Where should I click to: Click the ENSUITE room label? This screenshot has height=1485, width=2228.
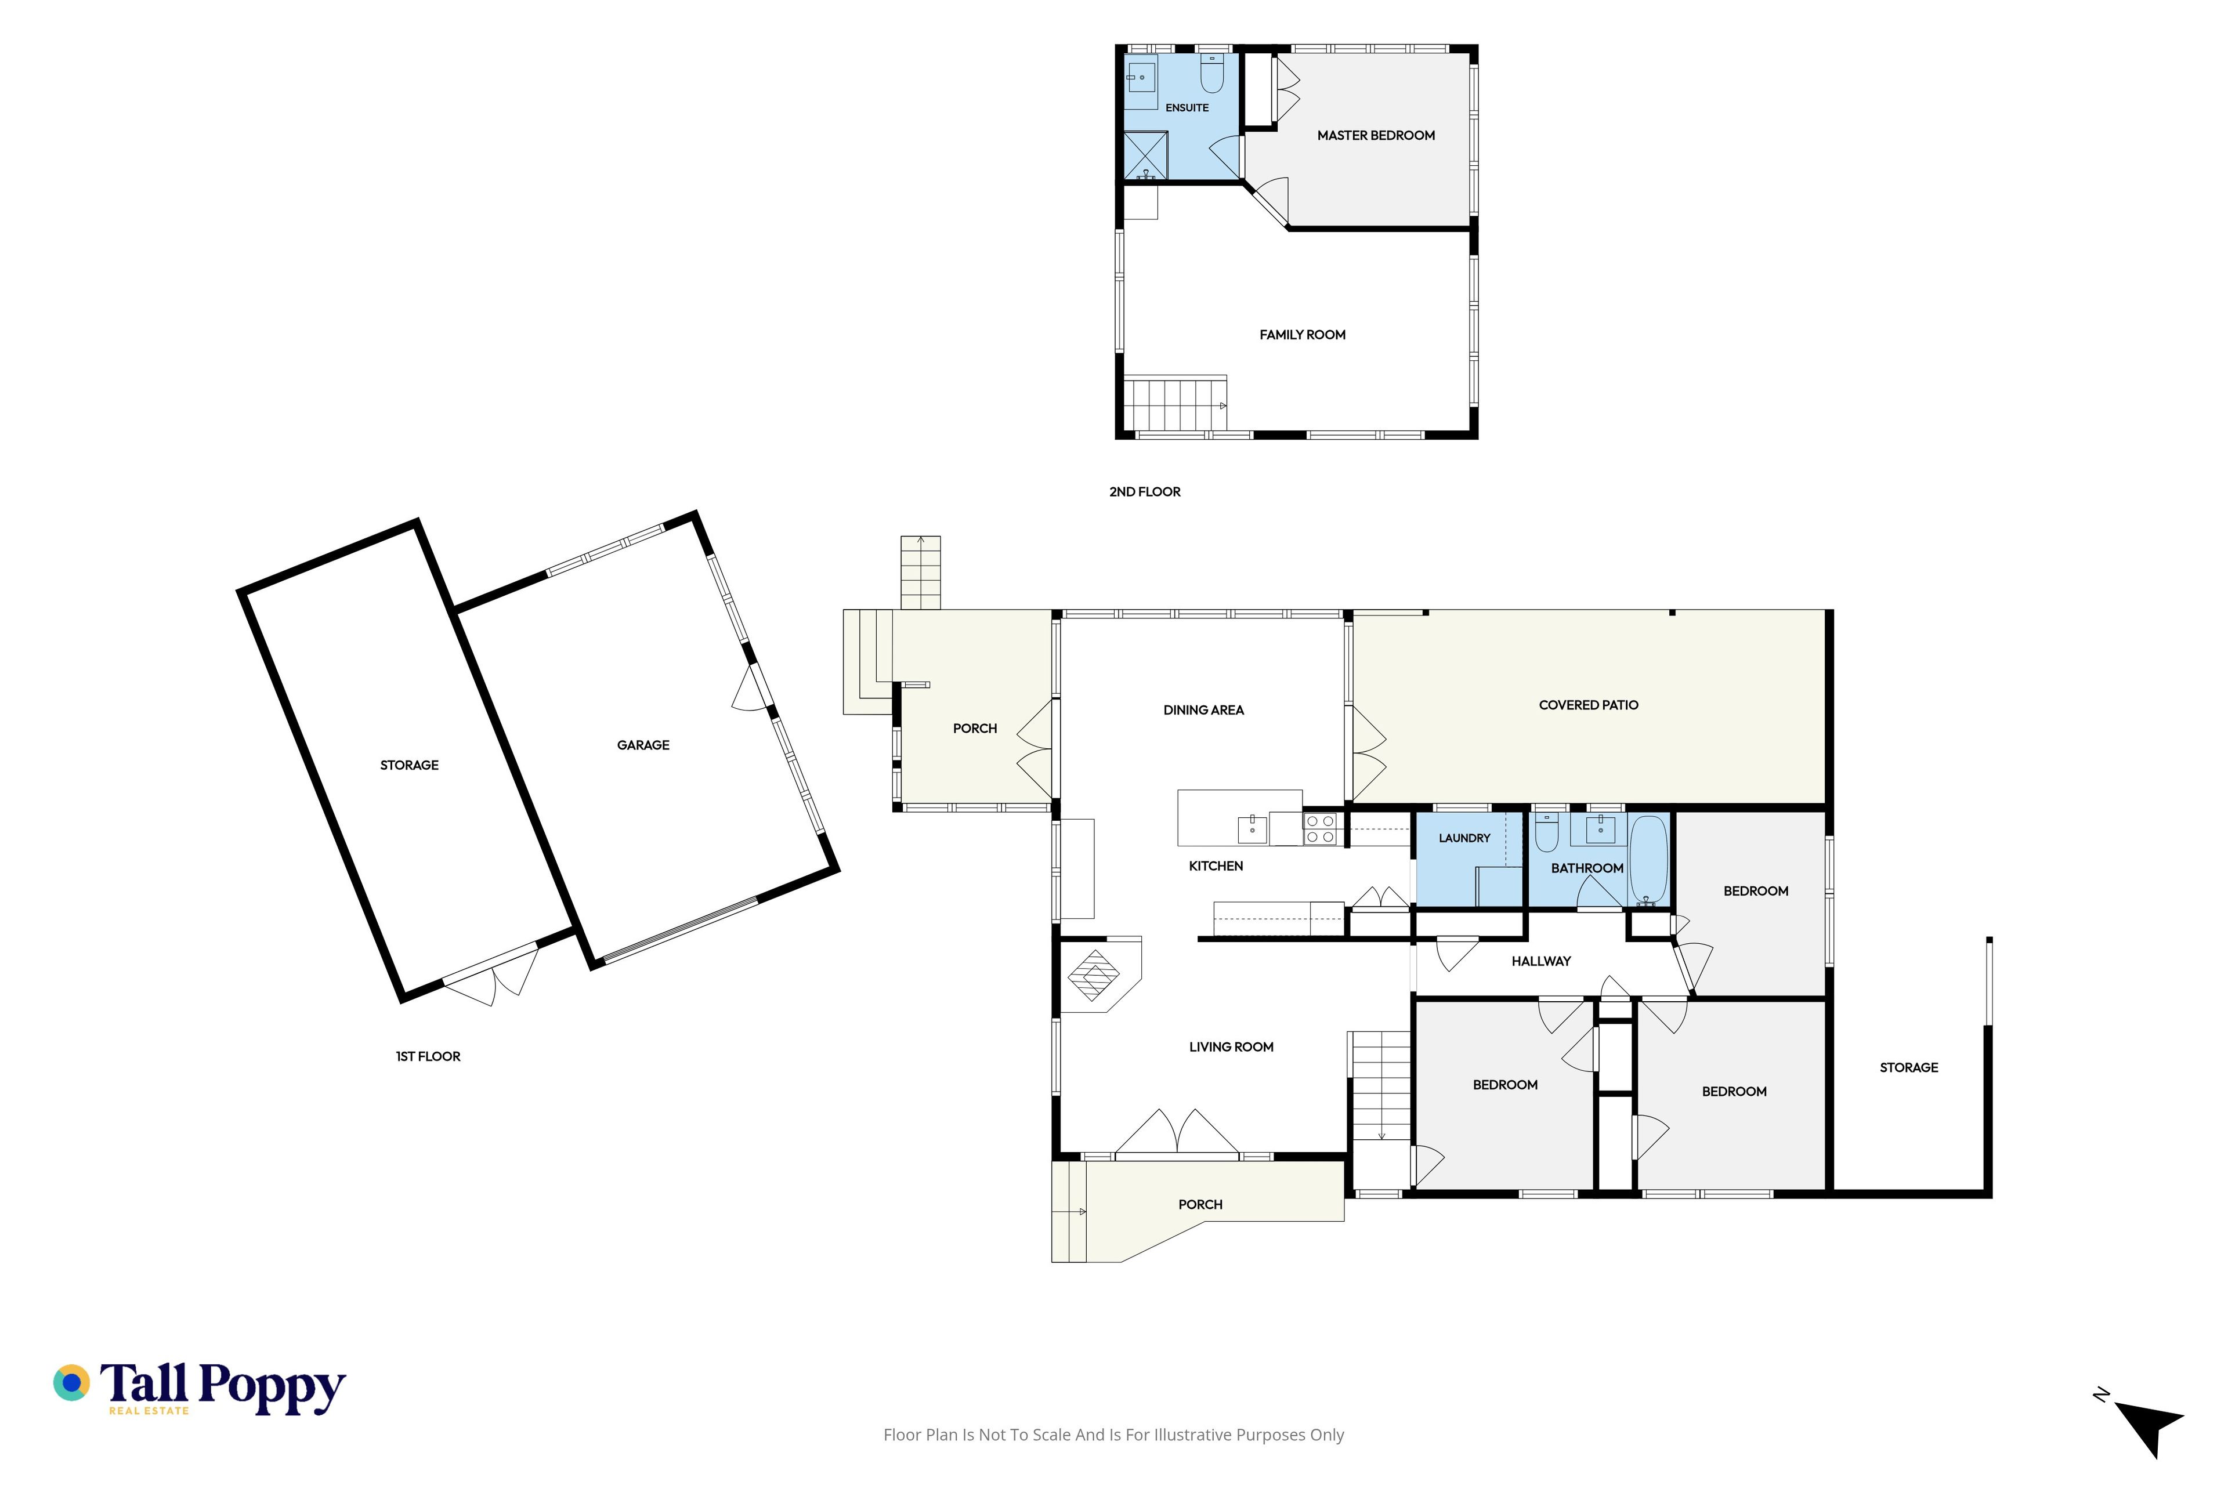1187,108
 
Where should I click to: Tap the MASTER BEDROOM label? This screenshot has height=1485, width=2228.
1376,135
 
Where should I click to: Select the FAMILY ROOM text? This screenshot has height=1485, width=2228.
1303,334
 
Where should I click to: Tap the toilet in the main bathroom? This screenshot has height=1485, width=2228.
1547,832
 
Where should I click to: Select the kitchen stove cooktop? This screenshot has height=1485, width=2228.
1321,830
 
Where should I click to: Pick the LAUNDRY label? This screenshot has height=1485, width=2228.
1464,838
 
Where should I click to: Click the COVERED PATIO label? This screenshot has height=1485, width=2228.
1589,705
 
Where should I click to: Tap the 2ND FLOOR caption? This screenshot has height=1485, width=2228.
1144,491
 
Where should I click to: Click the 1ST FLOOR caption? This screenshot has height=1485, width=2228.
428,1056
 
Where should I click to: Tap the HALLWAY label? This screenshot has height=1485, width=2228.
1541,961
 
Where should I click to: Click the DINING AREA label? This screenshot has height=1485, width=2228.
1203,710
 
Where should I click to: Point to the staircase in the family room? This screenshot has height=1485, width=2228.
1174,404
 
